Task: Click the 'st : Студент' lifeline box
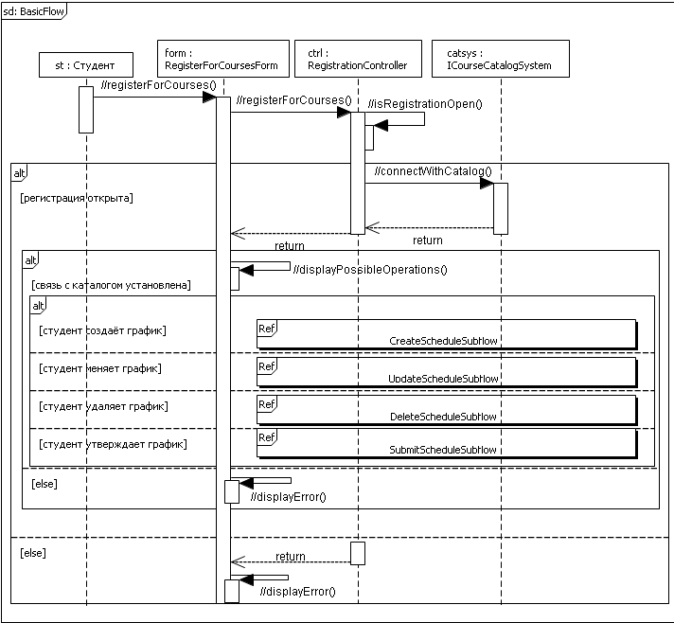click(86, 65)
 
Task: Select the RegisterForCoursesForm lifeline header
click(221, 60)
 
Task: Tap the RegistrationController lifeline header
click(358, 60)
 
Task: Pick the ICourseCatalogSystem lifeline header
click(500, 60)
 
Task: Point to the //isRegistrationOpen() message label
click(425, 104)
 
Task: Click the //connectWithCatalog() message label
click(434, 170)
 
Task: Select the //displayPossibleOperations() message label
click(370, 269)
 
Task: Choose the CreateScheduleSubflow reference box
click(446, 333)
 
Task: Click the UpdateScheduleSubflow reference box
click(446, 371)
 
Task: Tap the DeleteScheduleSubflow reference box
click(446, 409)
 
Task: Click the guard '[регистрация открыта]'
click(76, 199)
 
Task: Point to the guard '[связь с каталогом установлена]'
click(110, 284)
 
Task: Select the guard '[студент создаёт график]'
click(102, 330)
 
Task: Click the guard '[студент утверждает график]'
click(113, 444)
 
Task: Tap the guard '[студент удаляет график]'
click(103, 406)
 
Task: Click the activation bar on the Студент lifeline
click(85, 109)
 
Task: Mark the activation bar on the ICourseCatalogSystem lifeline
click(501, 207)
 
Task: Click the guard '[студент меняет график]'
click(100, 368)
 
